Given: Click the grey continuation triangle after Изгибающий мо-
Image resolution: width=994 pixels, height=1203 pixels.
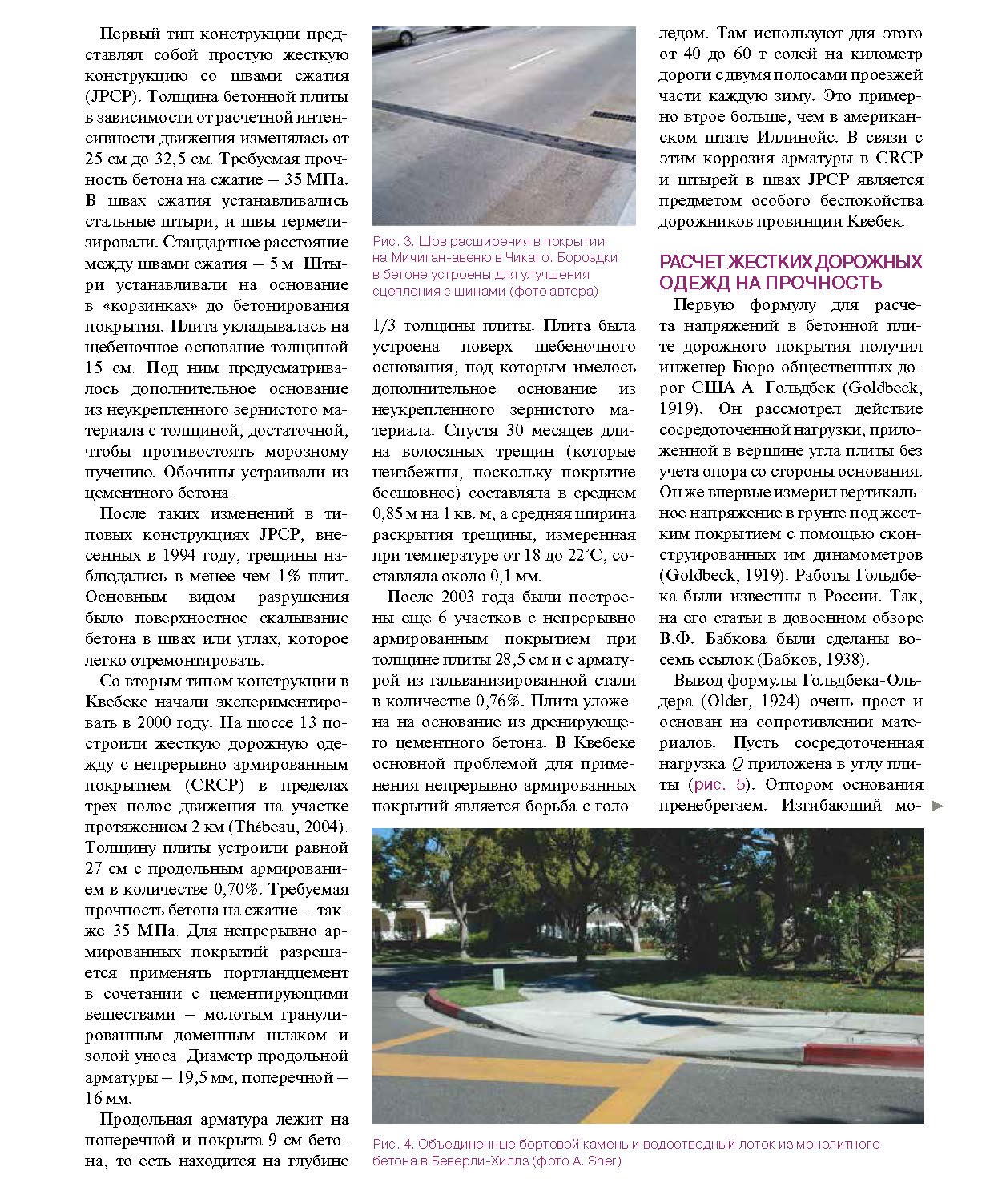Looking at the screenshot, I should tap(937, 807).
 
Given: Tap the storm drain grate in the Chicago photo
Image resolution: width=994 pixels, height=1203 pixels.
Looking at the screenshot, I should tap(612, 115).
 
